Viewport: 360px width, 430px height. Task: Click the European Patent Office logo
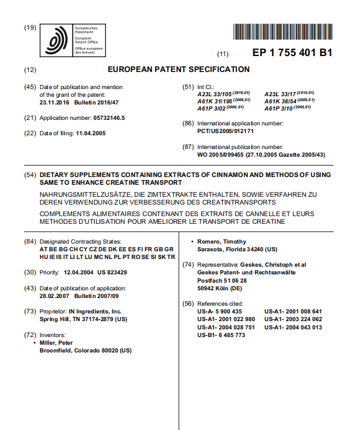[x=58, y=41]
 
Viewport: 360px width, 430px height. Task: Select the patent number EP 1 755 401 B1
[x=292, y=53]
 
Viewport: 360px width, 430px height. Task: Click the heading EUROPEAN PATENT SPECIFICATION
[x=179, y=69]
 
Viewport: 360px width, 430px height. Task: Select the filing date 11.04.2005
[x=91, y=133]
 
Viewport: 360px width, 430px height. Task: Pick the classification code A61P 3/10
[x=279, y=109]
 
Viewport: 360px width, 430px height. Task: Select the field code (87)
[x=188, y=147]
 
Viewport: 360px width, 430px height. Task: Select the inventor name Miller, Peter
[x=58, y=342]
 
